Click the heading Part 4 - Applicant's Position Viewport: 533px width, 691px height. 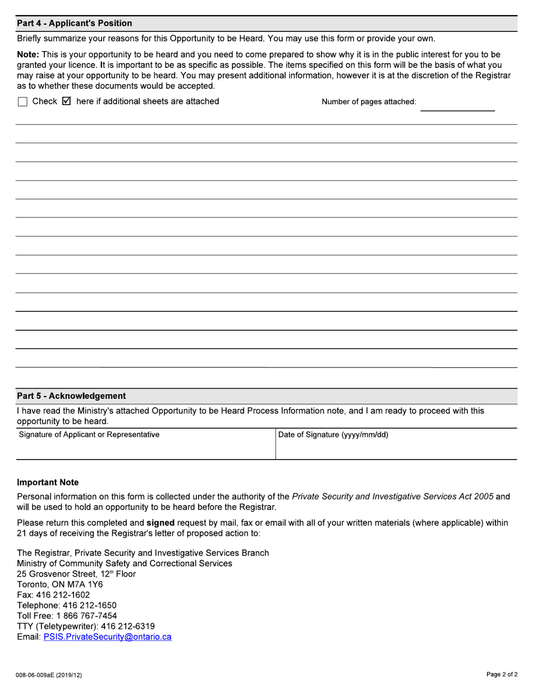(x=75, y=23)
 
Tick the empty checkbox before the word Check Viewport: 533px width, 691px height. (x=22, y=102)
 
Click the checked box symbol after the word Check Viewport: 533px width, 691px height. (x=66, y=102)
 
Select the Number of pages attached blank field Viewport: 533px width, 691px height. (x=457, y=103)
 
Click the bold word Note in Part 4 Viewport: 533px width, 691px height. (x=28, y=54)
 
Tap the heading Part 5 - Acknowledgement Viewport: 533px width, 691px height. (x=71, y=395)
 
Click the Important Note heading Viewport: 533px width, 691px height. (x=48, y=483)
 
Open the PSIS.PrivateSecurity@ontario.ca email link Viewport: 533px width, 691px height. (x=107, y=637)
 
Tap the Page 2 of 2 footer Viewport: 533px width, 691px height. (x=502, y=675)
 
